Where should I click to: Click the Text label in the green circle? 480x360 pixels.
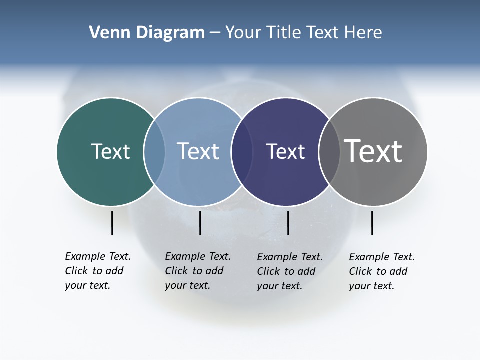click(x=110, y=151)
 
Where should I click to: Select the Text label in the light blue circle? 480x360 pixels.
click(x=198, y=151)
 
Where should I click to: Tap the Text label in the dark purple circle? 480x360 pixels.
click(x=285, y=151)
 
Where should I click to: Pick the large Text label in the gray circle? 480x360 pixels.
click(x=373, y=151)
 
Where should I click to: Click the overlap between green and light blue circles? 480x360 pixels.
click(x=154, y=152)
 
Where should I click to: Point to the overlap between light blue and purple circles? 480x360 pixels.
click(x=242, y=152)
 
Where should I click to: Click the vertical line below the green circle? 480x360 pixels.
click(x=112, y=223)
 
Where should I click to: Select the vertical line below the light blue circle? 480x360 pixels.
click(x=200, y=223)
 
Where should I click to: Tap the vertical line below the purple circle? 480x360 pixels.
click(x=288, y=223)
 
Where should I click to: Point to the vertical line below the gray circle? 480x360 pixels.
click(x=372, y=223)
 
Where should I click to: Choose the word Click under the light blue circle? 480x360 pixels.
click(x=176, y=271)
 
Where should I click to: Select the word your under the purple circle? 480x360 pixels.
click(x=267, y=286)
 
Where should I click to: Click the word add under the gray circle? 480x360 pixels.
click(x=398, y=271)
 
